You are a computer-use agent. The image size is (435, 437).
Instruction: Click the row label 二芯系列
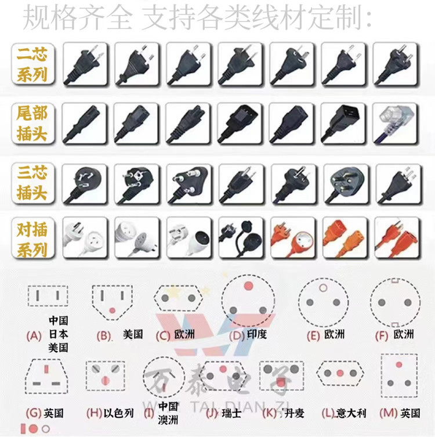point(32,64)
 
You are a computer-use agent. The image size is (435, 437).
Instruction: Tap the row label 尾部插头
point(32,123)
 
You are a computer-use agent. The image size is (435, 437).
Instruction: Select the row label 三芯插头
point(32,182)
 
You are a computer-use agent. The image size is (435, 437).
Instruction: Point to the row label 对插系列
point(32,239)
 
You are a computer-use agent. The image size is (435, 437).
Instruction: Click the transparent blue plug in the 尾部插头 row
point(396,123)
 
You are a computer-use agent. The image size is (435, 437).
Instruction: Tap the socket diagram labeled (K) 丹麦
point(281,373)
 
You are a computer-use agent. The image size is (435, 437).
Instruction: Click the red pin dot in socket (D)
point(249,286)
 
